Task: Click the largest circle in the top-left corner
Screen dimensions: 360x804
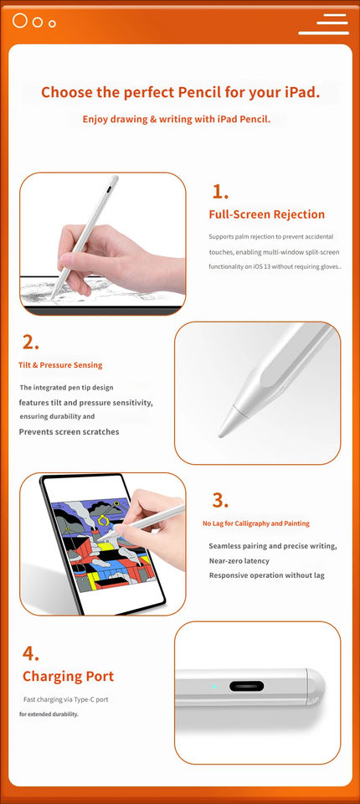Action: (19, 20)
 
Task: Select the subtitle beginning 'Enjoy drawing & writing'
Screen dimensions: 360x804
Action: (177, 120)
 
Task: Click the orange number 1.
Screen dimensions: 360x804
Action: (220, 192)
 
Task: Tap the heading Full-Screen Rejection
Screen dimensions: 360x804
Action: (267, 214)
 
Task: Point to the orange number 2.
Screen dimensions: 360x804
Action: (31, 343)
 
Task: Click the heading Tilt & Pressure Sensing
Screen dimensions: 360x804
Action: (60, 365)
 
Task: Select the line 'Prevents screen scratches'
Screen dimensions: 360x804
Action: (69, 432)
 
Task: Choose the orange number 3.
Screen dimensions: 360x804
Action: (220, 500)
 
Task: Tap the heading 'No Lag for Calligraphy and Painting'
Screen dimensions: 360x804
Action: (256, 523)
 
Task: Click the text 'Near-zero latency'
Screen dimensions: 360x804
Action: (239, 561)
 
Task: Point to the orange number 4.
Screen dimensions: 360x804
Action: (31, 654)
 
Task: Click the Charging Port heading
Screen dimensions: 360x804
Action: (68, 677)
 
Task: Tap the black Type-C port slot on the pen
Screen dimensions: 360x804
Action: (247, 686)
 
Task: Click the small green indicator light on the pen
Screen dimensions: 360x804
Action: (214, 686)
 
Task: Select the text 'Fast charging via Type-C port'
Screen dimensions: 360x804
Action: (65, 699)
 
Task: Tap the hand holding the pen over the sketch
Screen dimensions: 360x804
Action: (118, 259)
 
